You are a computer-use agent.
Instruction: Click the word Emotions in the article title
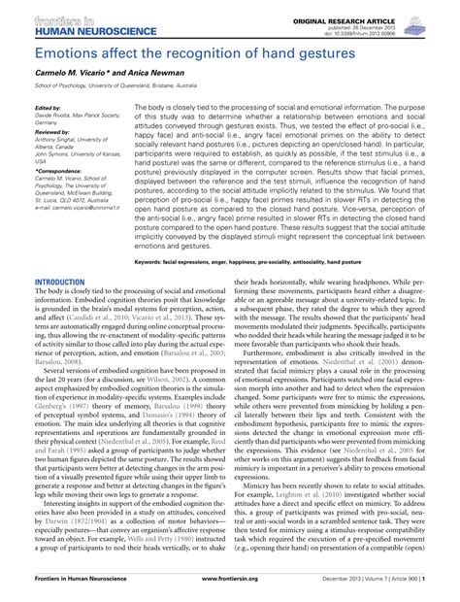tap(58, 49)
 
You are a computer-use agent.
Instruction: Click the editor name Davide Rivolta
tap(55, 116)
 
